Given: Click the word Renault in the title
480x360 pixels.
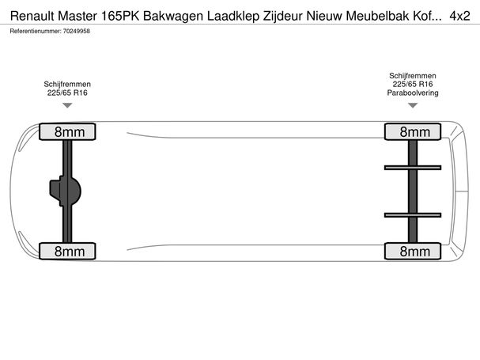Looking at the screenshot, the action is [x=32, y=16].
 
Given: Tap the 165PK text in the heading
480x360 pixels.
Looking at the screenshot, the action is [x=120, y=16].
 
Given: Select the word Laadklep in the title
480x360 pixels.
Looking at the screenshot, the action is [x=233, y=16].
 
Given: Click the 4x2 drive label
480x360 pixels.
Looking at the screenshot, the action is [x=459, y=16].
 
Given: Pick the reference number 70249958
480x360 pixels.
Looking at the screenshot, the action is [x=77, y=31].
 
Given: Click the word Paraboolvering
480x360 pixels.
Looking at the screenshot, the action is [x=413, y=93].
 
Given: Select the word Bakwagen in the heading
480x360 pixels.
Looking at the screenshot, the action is [x=173, y=16].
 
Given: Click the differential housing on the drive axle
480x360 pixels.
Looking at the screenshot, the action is [x=65, y=191].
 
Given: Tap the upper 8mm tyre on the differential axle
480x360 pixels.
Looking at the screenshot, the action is [x=67, y=132].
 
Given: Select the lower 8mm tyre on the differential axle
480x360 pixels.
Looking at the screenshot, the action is [x=67, y=252].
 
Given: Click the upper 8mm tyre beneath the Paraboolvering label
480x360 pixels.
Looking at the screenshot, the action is [x=413, y=132].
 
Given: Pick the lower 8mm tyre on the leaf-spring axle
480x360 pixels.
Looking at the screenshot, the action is [x=413, y=252].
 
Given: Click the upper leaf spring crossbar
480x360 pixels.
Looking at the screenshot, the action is [x=413, y=168].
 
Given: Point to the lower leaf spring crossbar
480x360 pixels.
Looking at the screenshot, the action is [x=413, y=215].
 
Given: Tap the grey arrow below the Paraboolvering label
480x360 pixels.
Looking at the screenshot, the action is [x=413, y=105].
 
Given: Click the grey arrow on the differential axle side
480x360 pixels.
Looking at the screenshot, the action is [x=67, y=105].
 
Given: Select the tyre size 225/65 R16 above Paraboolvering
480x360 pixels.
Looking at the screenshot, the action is [x=413, y=84].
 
